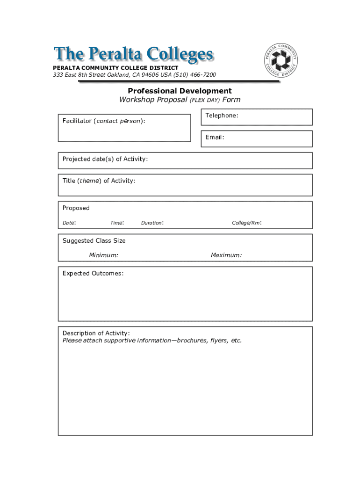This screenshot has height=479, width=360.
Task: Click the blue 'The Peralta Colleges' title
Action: click(x=134, y=55)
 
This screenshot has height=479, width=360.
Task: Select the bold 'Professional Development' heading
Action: click(x=180, y=91)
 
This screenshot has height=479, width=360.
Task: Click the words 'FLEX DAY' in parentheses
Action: click(x=205, y=100)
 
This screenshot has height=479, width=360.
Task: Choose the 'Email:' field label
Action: click(x=215, y=138)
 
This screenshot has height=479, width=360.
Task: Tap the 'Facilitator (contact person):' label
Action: click(x=104, y=121)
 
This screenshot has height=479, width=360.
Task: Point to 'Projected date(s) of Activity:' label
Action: click(x=105, y=159)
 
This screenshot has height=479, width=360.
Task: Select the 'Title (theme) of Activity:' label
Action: click(x=99, y=181)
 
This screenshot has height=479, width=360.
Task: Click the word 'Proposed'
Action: click(x=76, y=208)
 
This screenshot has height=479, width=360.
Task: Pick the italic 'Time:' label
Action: click(x=117, y=223)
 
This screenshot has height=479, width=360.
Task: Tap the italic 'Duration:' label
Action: click(x=152, y=223)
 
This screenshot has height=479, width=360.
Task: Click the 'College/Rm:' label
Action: click(x=247, y=223)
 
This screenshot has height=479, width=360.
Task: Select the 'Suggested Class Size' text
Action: click(x=94, y=241)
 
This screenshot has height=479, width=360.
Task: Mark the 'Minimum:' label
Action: click(x=104, y=255)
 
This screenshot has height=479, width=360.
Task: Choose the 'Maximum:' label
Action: click(x=226, y=255)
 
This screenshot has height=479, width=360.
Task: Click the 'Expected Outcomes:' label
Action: click(x=93, y=273)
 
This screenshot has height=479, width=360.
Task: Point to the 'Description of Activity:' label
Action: click(x=96, y=333)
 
